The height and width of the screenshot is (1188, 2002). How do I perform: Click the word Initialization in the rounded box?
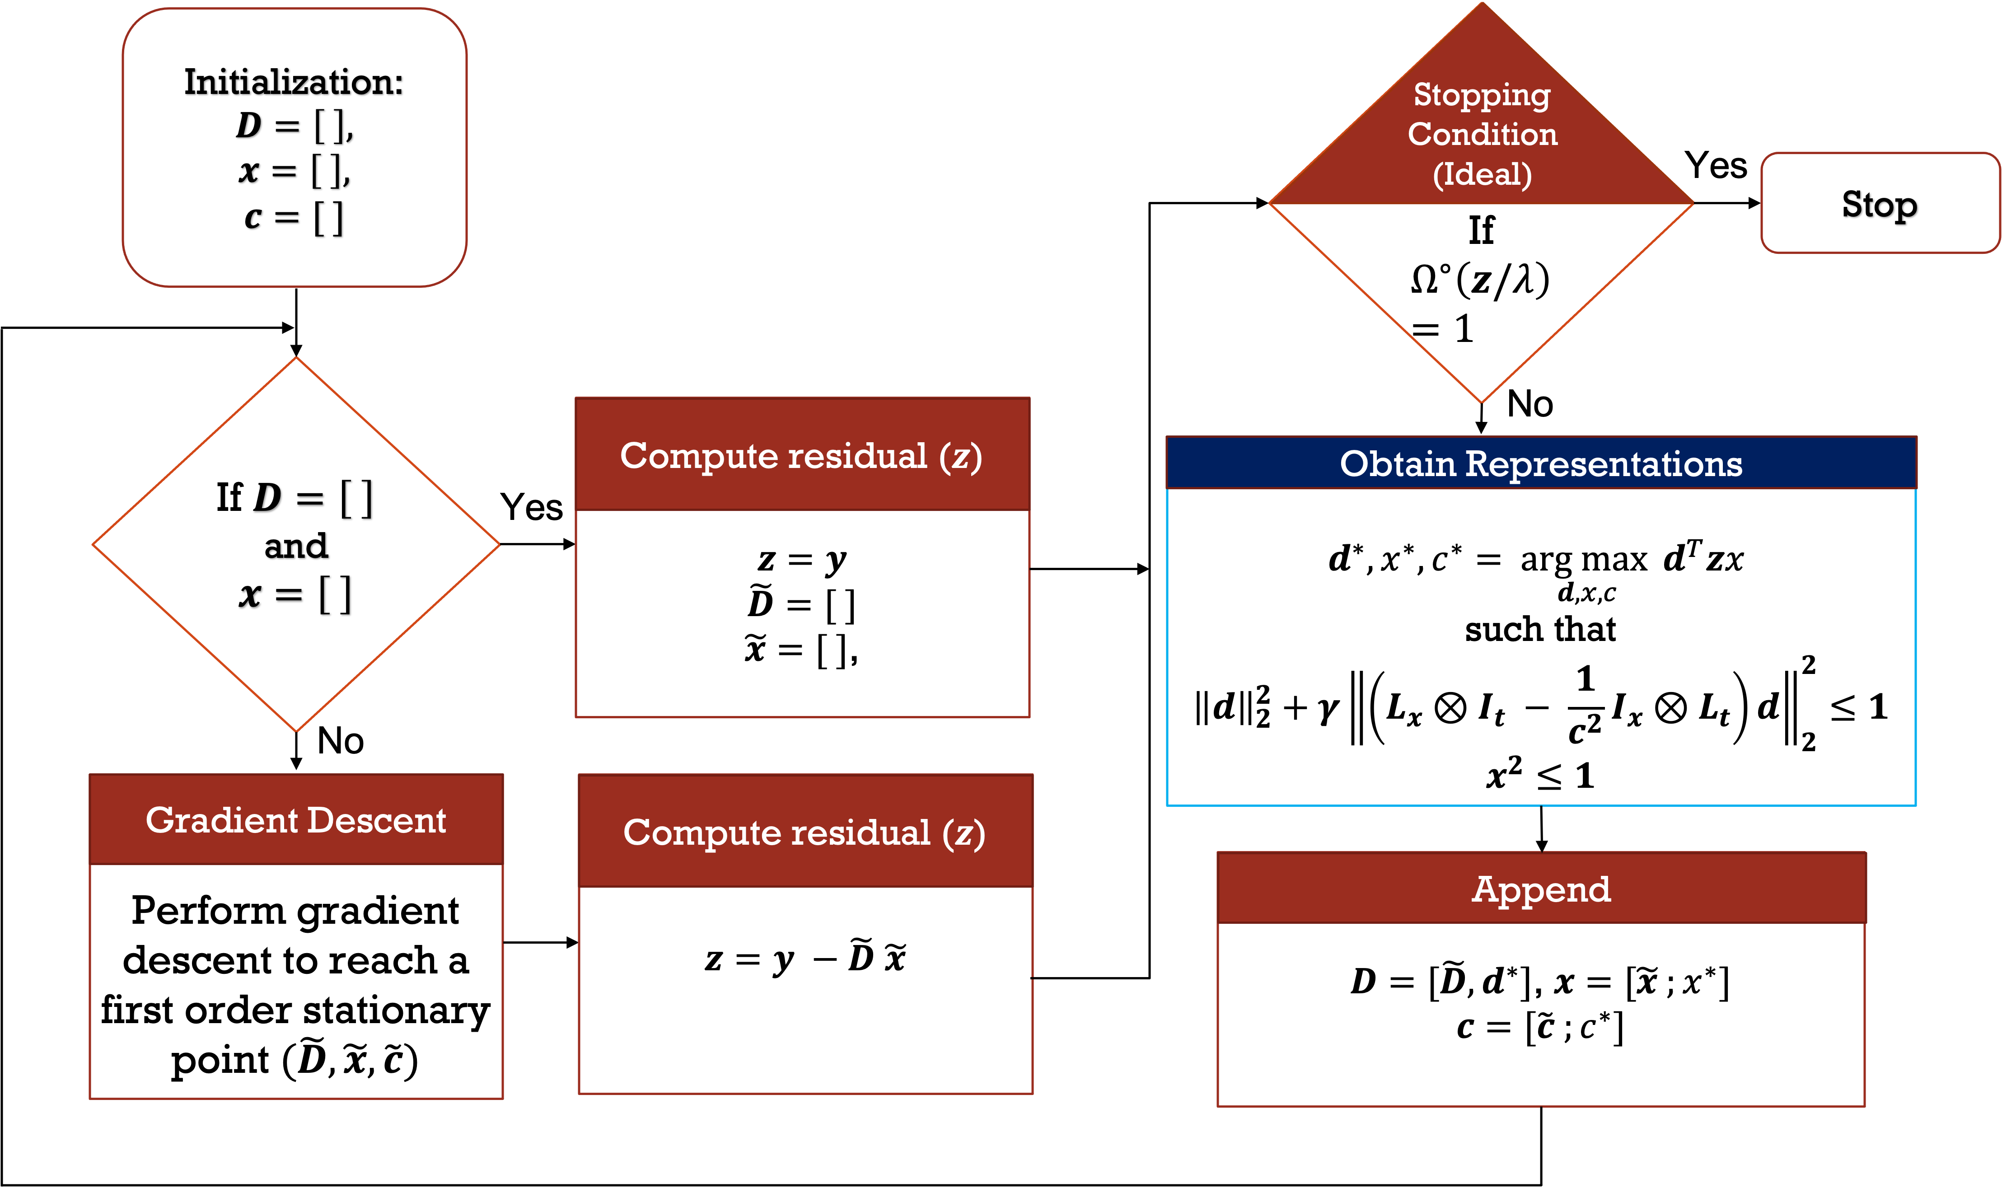coord(293,82)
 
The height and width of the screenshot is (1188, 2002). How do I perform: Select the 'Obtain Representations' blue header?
coord(1540,463)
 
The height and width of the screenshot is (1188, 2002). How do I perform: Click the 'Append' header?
coord(1540,889)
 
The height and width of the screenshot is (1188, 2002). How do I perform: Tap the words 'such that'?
coord(1539,629)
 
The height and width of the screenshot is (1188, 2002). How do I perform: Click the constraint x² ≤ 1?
coord(1539,775)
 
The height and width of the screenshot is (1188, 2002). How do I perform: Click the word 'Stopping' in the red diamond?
coord(1482,94)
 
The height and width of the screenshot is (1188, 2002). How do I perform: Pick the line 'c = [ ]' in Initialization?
coord(294,217)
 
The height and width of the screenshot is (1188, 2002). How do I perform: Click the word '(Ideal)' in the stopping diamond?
coord(1482,174)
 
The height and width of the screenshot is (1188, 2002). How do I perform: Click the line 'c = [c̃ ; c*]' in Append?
coord(1539,1027)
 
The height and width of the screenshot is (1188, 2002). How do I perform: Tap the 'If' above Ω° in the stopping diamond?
coord(1481,230)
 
